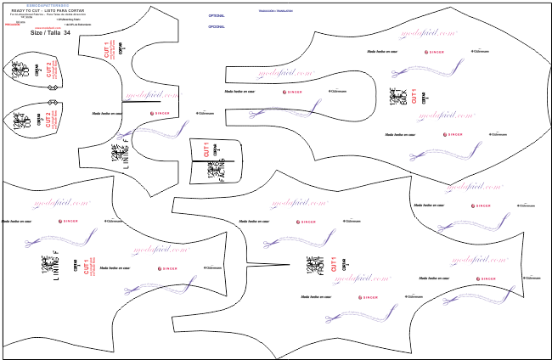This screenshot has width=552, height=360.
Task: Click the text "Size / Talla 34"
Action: (x=50, y=32)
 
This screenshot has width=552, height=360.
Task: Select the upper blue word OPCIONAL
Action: (x=217, y=15)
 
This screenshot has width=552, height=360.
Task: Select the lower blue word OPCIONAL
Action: (x=217, y=26)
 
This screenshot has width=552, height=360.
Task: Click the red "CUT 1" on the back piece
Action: (x=414, y=95)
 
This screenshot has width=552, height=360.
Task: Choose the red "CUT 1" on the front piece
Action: (x=334, y=265)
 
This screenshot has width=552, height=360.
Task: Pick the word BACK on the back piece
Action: (x=398, y=96)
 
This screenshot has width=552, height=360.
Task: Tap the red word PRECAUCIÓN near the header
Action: (x=12, y=25)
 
